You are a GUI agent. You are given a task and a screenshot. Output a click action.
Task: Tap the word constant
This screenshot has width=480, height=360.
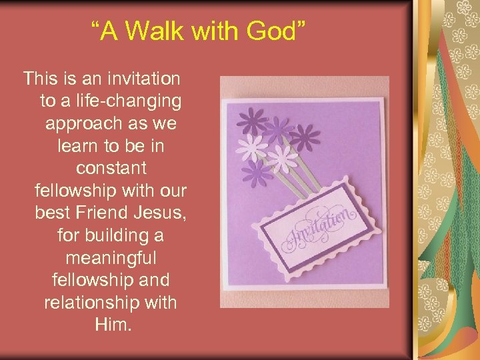pos(111,169)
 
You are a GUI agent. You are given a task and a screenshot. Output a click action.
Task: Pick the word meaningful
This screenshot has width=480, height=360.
pos(111,258)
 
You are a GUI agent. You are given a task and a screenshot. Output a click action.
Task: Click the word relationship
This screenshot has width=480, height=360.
pos(92,303)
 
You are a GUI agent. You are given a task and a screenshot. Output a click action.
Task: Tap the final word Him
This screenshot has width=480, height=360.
pos(111,325)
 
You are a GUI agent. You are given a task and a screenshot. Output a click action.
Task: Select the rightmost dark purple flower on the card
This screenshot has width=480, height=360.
pos(305,137)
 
